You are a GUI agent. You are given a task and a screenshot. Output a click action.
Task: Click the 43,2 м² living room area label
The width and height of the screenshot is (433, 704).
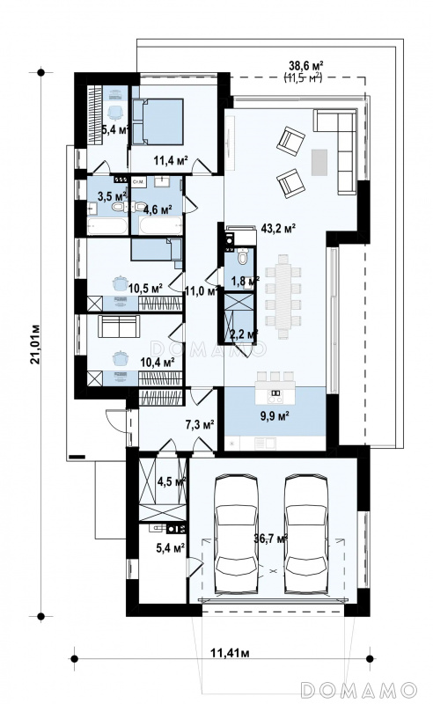278,229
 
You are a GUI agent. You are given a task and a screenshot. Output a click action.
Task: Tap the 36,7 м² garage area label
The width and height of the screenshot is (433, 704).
270,539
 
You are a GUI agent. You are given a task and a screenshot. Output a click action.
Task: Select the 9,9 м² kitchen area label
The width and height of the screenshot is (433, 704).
274,415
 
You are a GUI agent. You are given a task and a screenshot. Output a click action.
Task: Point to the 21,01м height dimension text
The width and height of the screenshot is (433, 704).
36,344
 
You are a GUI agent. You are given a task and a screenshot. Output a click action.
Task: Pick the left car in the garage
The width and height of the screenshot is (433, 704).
236,534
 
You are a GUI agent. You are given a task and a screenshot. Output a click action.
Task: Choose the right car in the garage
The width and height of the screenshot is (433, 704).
306,534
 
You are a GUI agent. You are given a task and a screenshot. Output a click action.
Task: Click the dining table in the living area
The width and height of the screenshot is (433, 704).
283,297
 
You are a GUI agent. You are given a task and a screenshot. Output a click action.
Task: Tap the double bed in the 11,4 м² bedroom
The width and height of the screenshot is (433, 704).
158,121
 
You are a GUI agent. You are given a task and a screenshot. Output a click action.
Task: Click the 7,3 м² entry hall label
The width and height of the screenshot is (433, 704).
199,423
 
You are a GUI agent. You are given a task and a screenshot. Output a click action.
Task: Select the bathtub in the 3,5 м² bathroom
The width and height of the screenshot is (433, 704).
107,226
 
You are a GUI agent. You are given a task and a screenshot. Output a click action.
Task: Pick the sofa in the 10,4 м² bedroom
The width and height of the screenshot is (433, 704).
119,326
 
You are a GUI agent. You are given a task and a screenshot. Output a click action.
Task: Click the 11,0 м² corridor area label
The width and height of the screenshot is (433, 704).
202,291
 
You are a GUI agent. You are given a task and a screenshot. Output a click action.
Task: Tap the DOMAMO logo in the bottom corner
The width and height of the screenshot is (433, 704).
358,690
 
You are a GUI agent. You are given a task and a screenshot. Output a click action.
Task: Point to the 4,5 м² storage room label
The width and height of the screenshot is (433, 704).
171,481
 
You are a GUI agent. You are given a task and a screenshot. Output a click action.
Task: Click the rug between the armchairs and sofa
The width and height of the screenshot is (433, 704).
319,163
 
